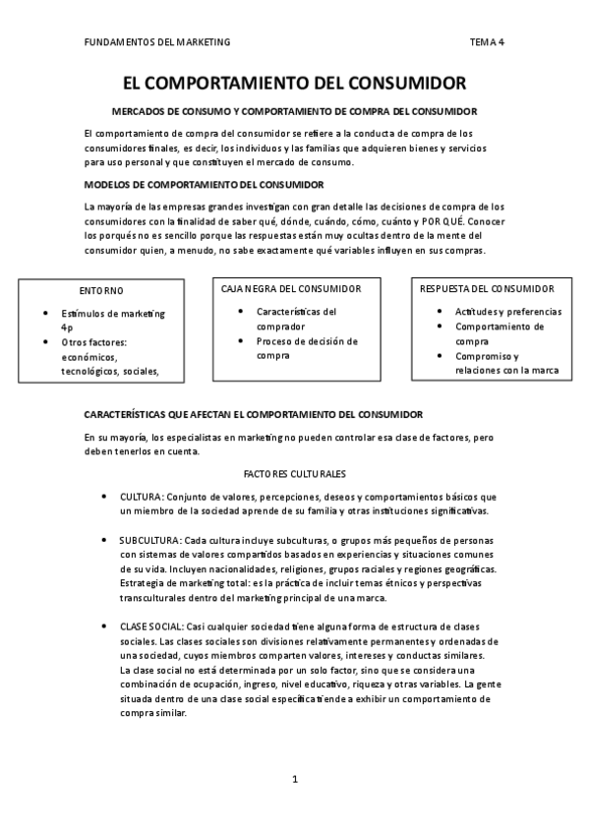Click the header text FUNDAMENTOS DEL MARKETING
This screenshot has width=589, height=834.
[x=157, y=42]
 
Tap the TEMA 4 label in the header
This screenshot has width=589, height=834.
[x=488, y=42]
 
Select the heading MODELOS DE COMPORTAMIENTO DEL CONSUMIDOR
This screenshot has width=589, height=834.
[x=205, y=184]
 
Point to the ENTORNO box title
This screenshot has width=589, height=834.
[x=101, y=290]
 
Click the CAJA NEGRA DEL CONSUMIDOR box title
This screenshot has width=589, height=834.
[x=291, y=288]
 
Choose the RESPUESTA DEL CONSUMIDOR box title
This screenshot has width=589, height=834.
[x=487, y=288]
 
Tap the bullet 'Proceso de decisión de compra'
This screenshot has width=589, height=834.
[x=307, y=348]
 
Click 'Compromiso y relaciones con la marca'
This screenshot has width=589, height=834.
[x=506, y=363]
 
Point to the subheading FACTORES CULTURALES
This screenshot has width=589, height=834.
[x=294, y=473]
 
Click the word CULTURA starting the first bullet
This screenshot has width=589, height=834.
[x=141, y=497]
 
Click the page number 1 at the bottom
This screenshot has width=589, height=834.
[x=294, y=779]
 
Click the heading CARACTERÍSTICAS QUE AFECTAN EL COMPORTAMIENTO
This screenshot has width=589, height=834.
[x=239, y=414]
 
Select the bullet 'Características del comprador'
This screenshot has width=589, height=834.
[x=296, y=319]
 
